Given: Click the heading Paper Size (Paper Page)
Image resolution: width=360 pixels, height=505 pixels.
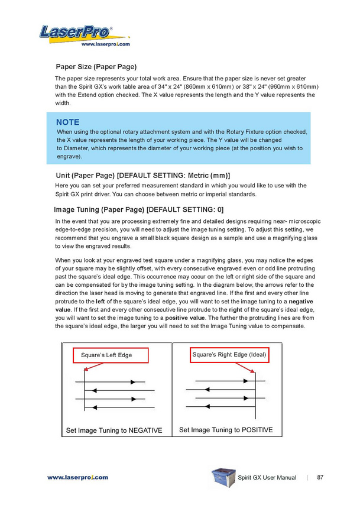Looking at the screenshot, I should click(x=96, y=66).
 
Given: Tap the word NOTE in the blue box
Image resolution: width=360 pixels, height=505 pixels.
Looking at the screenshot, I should click(x=68, y=122).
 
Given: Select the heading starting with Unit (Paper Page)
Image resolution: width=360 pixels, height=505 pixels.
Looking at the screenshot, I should click(x=142, y=175).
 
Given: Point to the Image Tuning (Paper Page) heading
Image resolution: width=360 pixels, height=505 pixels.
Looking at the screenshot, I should click(x=138, y=209).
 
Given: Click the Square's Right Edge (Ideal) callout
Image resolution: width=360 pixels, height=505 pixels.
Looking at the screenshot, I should click(x=230, y=355).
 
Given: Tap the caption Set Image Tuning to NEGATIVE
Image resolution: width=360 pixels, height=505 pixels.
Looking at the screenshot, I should click(x=114, y=430).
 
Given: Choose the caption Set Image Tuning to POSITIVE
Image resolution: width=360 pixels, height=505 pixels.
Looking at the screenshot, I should click(x=226, y=430).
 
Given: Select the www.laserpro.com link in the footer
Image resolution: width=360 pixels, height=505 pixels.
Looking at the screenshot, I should click(x=77, y=477).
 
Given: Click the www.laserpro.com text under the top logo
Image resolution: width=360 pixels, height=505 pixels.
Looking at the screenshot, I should click(x=105, y=44).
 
